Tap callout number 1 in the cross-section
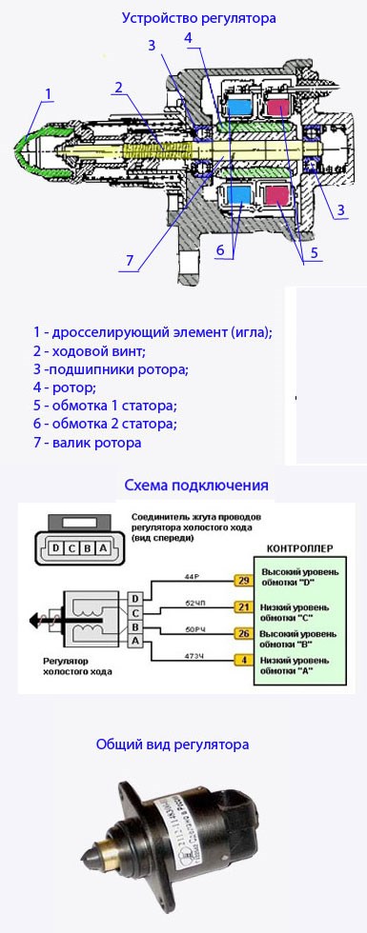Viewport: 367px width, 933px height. click(x=48, y=92)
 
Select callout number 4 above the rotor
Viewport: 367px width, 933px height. click(x=189, y=38)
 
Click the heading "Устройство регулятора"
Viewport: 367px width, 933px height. click(x=198, y=17)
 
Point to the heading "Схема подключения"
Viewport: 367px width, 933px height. click(x=196, y=485)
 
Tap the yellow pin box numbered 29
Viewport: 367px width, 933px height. click(x=243, y=580)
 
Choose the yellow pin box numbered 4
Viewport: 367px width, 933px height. click(x=243, y=659)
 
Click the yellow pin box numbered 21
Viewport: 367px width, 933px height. click(x=243, y=606)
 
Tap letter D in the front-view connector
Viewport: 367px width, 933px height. click(x=58, y=548)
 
